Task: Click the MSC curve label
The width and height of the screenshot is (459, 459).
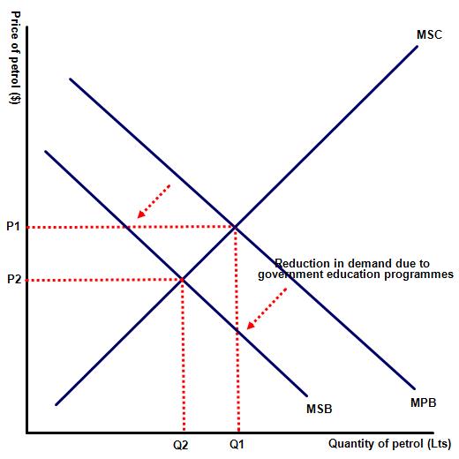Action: pos(429,34)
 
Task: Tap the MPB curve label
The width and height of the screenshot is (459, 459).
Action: pos(423,403)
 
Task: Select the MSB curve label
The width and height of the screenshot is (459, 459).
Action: pos(320,409)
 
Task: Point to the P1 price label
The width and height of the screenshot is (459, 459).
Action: pos(13,226)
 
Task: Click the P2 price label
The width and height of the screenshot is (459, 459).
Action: pos(14,279)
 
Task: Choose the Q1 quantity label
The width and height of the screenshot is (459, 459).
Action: pos(237,444)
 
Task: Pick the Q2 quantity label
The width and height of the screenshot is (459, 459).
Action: pos(181,445)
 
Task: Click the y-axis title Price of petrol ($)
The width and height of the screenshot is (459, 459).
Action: pos(15,57)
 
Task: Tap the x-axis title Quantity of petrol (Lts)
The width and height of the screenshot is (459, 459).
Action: pos(389,443)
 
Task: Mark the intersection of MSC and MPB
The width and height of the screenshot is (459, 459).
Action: pos(235,227)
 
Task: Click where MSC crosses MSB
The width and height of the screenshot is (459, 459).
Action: pos(182,280)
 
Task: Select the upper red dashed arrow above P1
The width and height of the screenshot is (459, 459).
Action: pos(154,201)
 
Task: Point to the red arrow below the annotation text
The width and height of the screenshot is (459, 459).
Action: pos(267,308)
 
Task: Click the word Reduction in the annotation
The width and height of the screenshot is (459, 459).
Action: pos(302,263)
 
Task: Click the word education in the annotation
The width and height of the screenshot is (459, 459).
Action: pos(350,274)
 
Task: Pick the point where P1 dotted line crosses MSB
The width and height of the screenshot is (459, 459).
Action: pos(127,227)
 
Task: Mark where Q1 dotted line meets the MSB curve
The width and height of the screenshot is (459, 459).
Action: pos(237,331)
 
